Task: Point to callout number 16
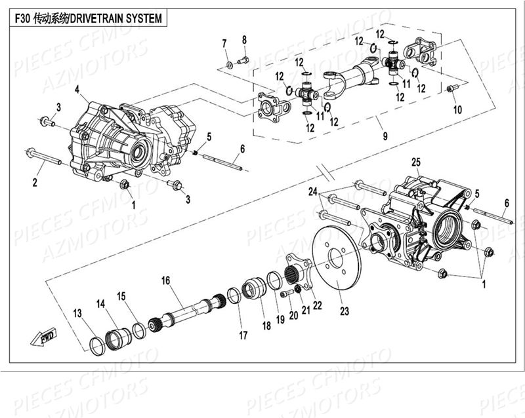(x=166, y=280)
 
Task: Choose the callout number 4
(x=77, y=89)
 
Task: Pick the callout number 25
(x=415, y=161)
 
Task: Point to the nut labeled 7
(x=230, y=64)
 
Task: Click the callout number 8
(x=244, y=40)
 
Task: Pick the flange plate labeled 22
(x=296, y=269)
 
